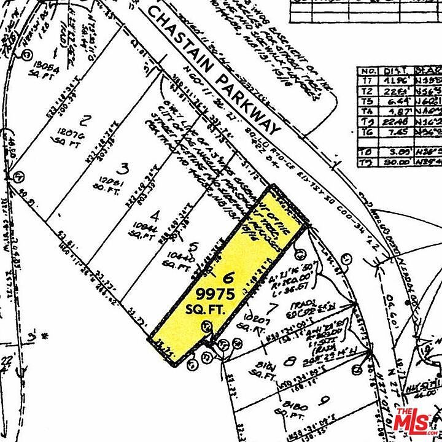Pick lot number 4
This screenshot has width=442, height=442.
click(x=156, y=216)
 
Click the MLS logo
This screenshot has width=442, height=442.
click(x=413, y=419)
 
